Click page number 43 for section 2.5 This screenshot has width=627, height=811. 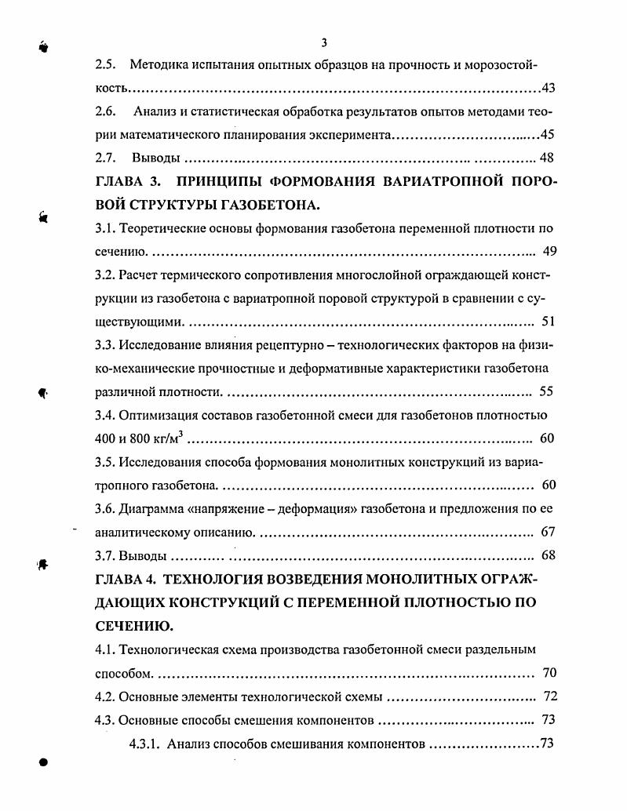548,88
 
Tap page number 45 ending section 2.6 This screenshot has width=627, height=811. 548,134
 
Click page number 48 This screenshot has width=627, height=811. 548,158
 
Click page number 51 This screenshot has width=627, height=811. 548,322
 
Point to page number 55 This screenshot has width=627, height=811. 547,391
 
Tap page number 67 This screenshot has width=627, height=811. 548,532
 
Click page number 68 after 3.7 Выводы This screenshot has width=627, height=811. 548,555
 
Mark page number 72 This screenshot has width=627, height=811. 549,696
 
